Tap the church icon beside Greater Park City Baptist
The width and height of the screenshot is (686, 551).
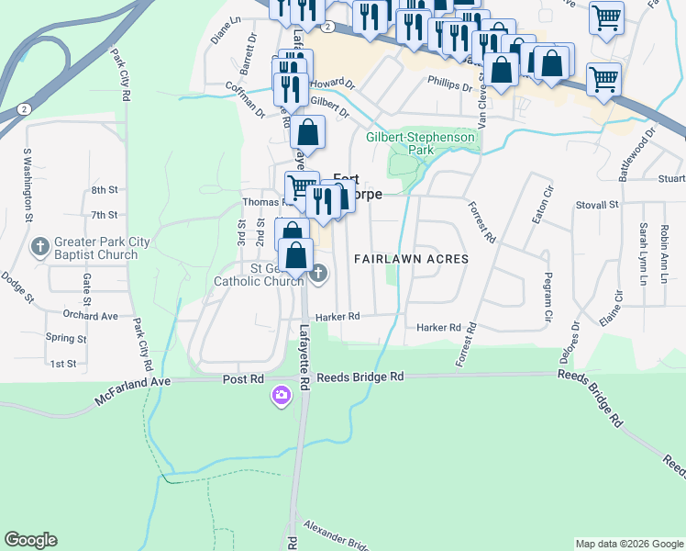click(x=39, y=246)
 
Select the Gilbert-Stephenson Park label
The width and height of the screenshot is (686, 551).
click(x=421, y=143)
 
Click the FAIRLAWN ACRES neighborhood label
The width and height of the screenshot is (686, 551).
click(x=412, y=260)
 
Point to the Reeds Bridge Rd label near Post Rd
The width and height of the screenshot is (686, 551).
click(x=360, y=377)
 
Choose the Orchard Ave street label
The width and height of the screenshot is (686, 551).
click(x=92, y=316)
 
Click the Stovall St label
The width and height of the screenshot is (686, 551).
click(x=600, y=206)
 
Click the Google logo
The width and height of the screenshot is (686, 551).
click(x=31, y=541)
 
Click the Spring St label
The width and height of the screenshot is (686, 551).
click(x=66, y=338)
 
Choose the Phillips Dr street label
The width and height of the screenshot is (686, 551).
click(x=449, y=82)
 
